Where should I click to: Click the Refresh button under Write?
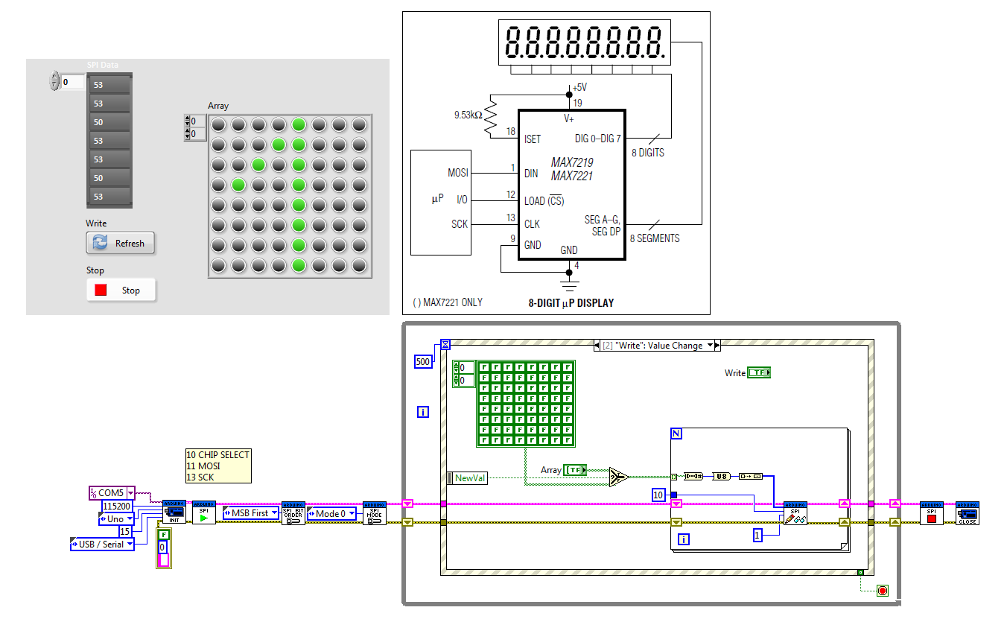point(121,243)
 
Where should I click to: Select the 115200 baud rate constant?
point(116,506)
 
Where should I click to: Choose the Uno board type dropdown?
point(117,518)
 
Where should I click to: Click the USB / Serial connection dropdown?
point(103,545)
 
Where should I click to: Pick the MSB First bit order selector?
point(250,513)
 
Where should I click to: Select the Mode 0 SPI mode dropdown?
point(331,513)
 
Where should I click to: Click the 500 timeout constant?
point(422,361)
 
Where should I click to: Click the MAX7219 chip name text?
point(572,162)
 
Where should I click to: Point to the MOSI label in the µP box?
point(458,173)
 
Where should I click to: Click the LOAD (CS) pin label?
point(544,200)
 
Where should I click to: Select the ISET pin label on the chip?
point(533,139)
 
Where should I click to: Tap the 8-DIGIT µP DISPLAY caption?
point(571,303)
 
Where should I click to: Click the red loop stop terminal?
point(883,591)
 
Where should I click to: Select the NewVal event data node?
point(470,478)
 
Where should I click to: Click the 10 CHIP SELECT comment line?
point(218,455)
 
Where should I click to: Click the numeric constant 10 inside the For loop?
point(658,495)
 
